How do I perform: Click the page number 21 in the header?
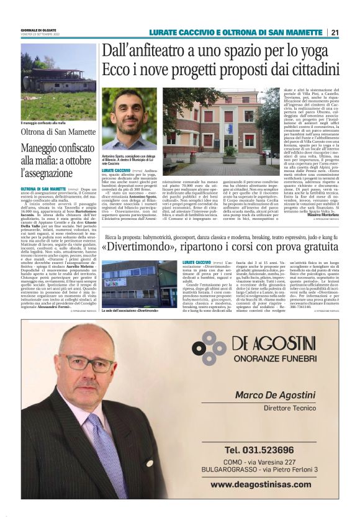[x=335, y=32]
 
